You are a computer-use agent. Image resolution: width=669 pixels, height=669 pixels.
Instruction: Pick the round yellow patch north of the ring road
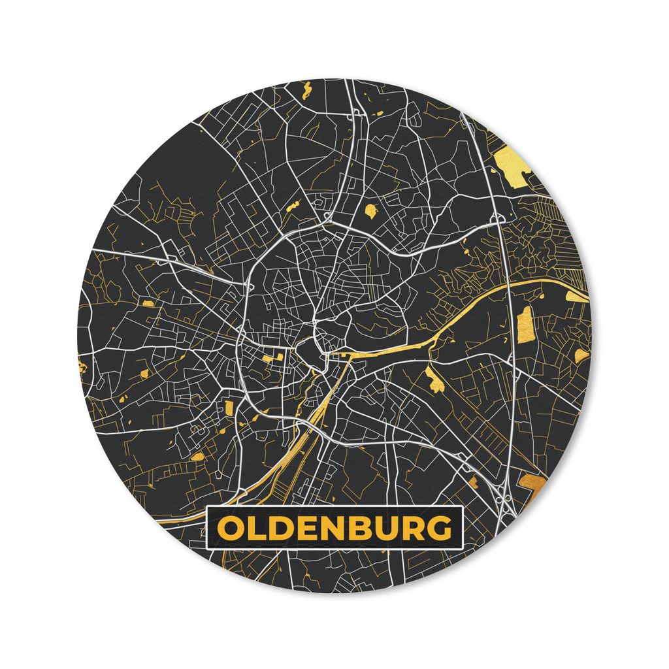pos(370,210)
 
